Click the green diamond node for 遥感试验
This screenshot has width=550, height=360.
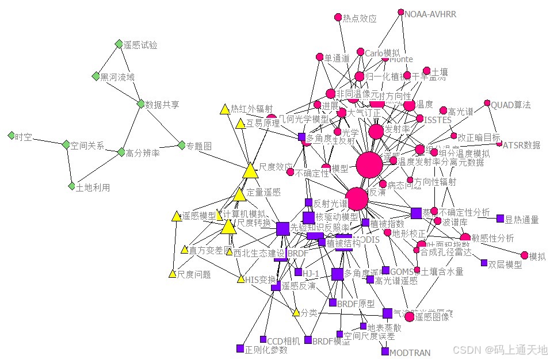point(119,44)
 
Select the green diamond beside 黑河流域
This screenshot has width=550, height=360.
point(96,76)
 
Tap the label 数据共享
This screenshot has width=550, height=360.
point(162,105)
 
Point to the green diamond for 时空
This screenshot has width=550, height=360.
point(11,136)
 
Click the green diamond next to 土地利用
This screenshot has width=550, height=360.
point(71,186)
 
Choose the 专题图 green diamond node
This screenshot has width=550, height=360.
point(181,145)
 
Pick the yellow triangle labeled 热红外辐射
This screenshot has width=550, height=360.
point(225,109)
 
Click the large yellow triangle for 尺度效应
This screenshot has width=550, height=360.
point(250,171)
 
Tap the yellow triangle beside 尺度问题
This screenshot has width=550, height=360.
point(172,274)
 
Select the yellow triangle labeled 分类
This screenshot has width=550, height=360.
point(296,312)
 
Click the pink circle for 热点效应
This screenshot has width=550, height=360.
point(338,17)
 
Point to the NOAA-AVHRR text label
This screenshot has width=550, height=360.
point(428,13)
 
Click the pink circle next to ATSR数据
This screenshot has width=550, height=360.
point(499,144)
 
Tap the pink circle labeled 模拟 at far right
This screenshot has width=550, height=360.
point(524,255)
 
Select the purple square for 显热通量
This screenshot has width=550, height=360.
point(500,219)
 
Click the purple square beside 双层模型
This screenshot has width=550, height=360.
point(484,263)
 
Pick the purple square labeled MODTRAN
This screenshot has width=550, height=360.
point(385,351)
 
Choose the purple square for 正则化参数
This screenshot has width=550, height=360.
point(240,348)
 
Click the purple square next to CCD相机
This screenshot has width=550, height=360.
point(263,339)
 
